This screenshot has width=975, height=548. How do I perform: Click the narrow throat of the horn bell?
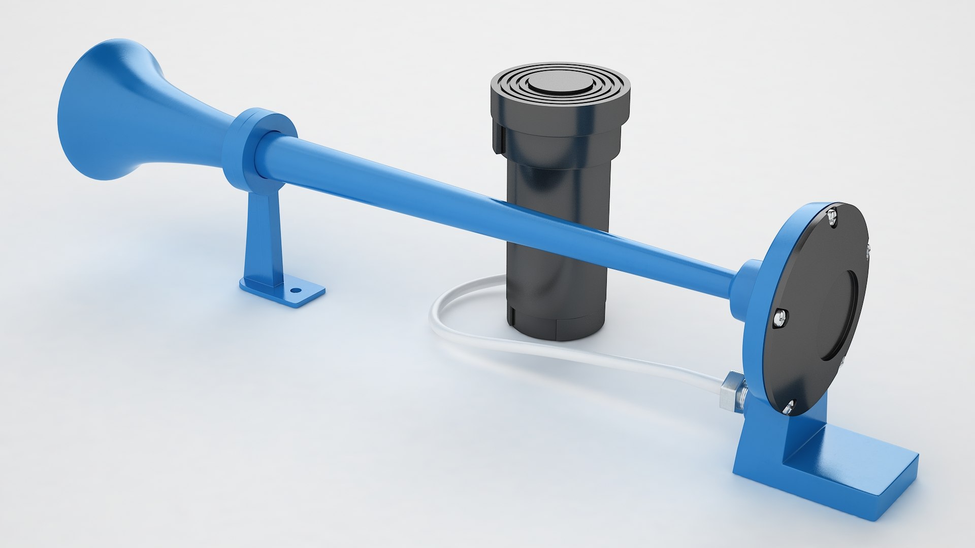203,127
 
